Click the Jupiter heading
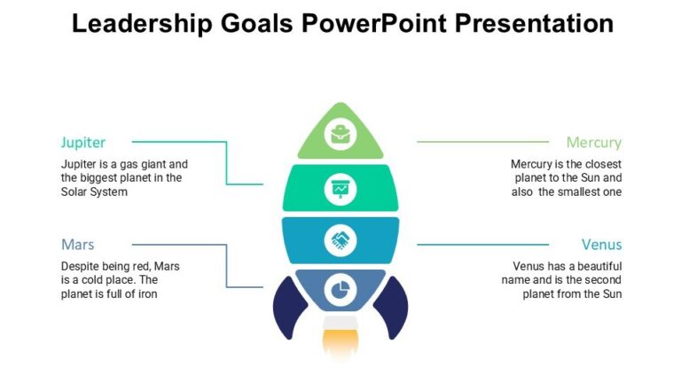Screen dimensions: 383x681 click(83, 142)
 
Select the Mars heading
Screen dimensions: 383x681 click(78, 245)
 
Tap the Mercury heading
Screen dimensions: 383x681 click(593, 142)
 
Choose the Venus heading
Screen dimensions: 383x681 click(601, 245)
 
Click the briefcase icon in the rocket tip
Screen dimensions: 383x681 click(340, 136)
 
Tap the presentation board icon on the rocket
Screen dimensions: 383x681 click(340, 188)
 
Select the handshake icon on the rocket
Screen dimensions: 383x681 click(340, 239)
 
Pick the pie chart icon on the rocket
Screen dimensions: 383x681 click(340, 289)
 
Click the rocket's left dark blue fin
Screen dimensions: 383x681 click(288, 309)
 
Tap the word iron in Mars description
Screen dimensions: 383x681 click(145, 294)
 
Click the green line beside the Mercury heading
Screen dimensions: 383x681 click(483, 142)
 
